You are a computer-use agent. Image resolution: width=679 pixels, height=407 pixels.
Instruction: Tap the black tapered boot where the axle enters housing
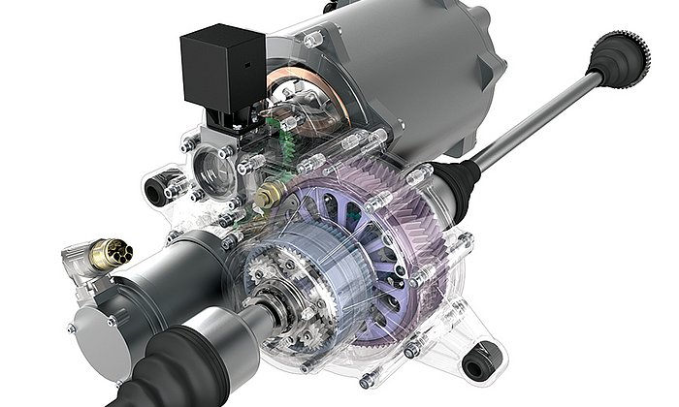pos(457,180)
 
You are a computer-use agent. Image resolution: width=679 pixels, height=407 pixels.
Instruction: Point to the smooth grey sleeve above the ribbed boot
pos(223,325)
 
